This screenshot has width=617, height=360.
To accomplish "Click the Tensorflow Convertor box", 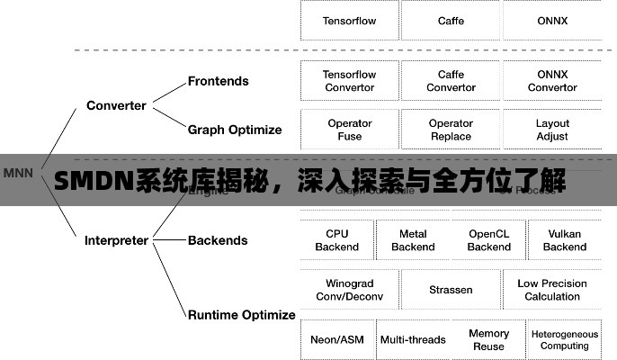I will (x=350, y=81).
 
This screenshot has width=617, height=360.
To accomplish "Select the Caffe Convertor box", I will (x=451, y=81).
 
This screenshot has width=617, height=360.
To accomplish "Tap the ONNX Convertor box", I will (x=552, y=81).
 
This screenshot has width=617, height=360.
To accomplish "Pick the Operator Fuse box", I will (x=350, y=130).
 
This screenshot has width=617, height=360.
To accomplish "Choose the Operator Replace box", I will (x=451, y=130).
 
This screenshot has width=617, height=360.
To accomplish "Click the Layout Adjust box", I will (x=552, y=130).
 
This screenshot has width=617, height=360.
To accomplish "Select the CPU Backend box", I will (x=337, y=240).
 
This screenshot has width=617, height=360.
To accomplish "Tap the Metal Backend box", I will (x=413, y=240).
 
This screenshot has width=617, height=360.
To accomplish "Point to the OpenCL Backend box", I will (x=488, y=240).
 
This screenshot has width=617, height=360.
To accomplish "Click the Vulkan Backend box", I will (x=565, y=240).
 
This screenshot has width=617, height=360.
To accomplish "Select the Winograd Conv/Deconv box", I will (x=350, y=290).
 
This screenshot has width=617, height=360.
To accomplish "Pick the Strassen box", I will (x=451, y=290).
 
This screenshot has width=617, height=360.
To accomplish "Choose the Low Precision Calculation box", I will (x=552, y=290).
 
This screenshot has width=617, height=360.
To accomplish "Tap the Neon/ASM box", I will (x=337, y=339).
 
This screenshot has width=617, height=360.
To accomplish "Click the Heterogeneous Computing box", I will (x=565, y=339).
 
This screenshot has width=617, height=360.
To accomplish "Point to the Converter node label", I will (x=116, y=105).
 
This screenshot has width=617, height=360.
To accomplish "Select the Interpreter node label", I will (x=116, y=240).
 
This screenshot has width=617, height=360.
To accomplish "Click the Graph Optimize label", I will (x=235, y=130).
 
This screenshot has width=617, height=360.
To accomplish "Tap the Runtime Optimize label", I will (x=241, y=315).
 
